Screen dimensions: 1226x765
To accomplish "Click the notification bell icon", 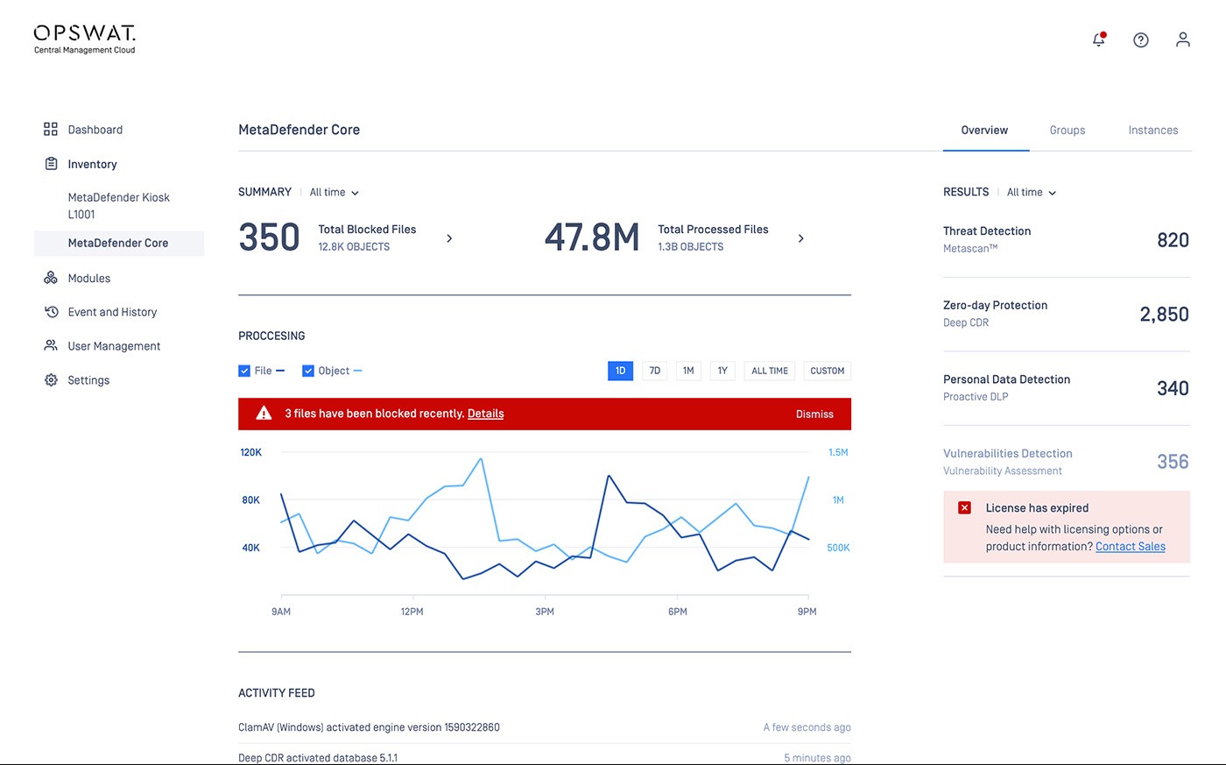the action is coord(1099,39).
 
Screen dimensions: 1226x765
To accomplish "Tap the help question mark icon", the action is coord(1140,40).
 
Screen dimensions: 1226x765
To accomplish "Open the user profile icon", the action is coord(1183,39).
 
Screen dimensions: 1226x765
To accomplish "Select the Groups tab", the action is coord(1067,131).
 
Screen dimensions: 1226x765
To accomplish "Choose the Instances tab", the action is coord(1153,131).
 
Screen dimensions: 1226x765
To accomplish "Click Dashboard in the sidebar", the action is coord(95,130).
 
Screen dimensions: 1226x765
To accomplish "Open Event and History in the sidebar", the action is coord(112,312).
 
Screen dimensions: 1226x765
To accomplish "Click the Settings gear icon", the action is coord(51,380).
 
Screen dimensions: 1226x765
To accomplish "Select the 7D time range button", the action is coord(655,371).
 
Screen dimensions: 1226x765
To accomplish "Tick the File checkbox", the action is coord(244,371).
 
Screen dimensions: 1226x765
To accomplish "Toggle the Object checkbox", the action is coord(308,371).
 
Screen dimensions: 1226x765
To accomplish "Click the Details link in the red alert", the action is coord(485,414).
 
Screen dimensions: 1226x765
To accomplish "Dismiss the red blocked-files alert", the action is coord(814,414).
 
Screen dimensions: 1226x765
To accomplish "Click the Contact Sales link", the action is coord(1131,547).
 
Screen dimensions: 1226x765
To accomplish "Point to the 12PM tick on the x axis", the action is coord(413,597).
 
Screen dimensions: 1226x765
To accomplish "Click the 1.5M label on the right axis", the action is coord(838,452).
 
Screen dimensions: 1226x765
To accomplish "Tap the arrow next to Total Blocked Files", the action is coord(449,238).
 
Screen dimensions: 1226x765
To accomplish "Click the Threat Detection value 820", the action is coord(1173,240).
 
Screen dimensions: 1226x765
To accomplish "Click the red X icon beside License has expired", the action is coord(964,507).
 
